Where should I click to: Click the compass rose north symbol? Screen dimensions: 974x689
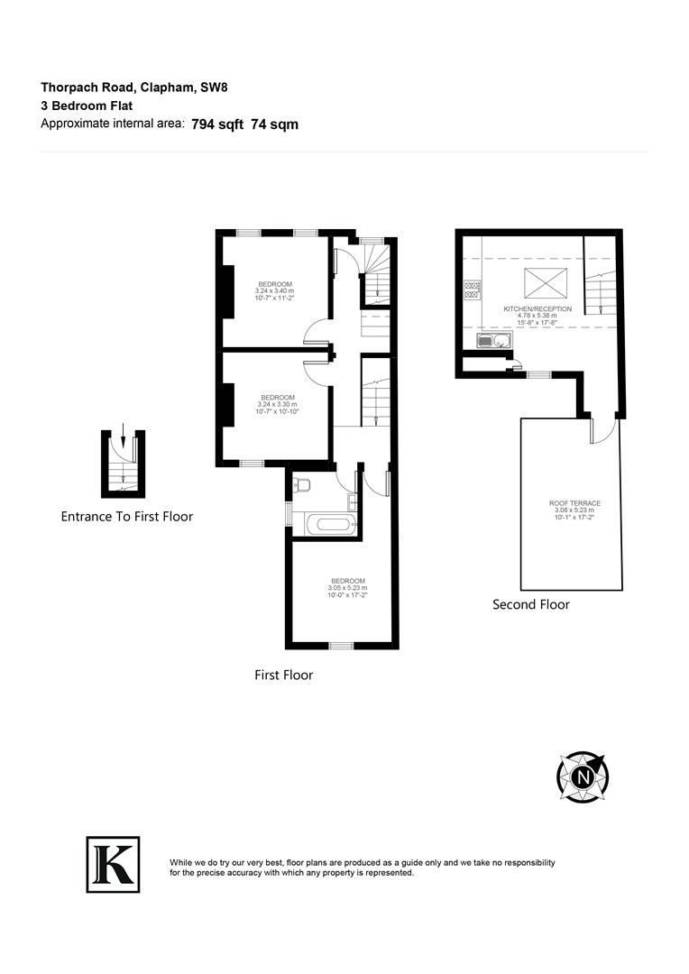tap(583, 776)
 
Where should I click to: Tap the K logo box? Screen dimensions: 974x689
tap(113, 864)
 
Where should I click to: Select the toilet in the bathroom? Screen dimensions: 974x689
tap(302, 486)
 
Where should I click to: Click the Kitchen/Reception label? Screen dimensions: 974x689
tap(537, 312)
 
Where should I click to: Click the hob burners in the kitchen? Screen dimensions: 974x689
tap(472, 289)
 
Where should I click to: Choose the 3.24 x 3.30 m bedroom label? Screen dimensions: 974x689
tap(278, 401)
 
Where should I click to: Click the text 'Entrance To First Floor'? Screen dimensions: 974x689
tap(127, 517)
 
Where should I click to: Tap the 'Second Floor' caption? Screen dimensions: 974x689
tap(530, 604)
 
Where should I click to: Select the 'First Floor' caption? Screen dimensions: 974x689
tap(283, 675)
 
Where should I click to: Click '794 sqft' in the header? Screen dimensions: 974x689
tap(217, 124)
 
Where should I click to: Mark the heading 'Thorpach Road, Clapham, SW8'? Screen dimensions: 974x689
tap(142, 87)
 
